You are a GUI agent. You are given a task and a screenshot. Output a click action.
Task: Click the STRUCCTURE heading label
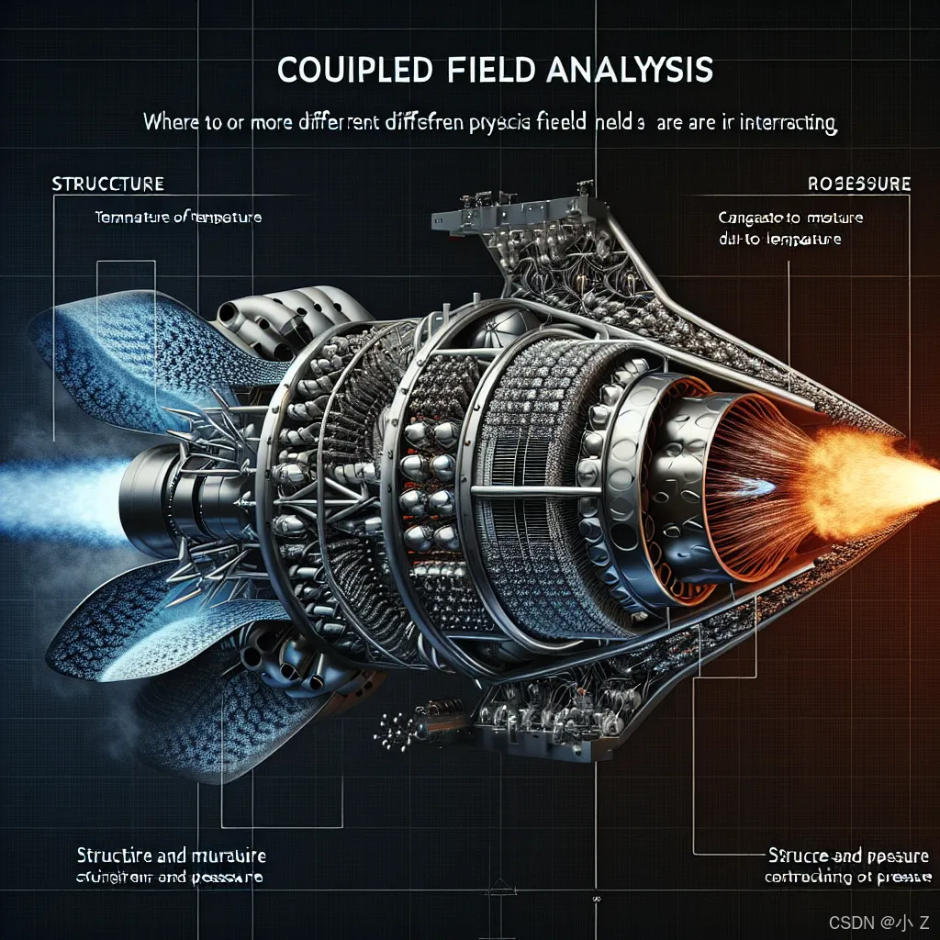click(108, 185)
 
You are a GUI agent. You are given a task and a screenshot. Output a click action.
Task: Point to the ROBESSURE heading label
click(859, 185)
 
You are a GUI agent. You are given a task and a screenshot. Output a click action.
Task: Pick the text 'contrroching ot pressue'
click(849, 878)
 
